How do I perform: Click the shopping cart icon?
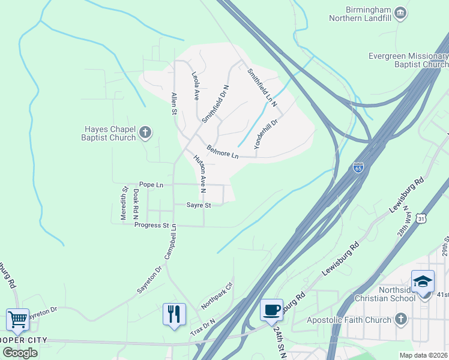17,319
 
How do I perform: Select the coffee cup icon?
271,310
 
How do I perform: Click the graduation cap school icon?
423,281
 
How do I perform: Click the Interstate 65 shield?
358,168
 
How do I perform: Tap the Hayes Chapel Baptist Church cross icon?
145,132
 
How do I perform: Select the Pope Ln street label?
151,185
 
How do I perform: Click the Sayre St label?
199,205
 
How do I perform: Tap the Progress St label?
151,225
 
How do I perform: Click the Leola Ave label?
195,86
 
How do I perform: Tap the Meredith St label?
125,204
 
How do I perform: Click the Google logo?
20,352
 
